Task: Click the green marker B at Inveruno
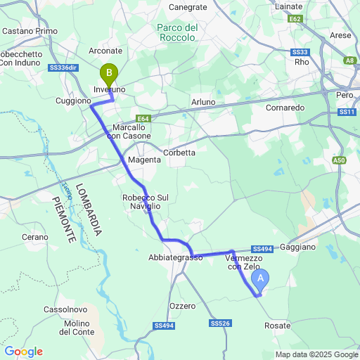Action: coord(109,72)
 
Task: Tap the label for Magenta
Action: coord(144,160)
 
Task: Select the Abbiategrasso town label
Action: coord(175,257)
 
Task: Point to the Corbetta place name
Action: coord(179,152)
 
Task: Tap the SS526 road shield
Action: coord(220,323)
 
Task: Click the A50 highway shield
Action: coord(340,160)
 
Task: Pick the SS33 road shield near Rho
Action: coord(300,52)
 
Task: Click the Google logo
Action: coord(23,352)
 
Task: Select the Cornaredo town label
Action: coord(284,108)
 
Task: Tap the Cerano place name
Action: coord(34,238)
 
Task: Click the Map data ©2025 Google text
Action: coord(316,354)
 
